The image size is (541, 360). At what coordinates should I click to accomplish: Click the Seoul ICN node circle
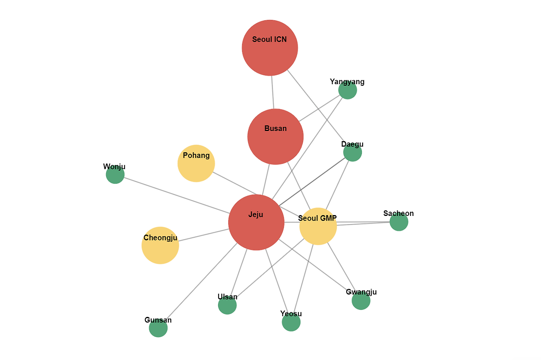tap(270, 48)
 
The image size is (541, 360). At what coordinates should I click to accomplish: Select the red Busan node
tap(275, 136)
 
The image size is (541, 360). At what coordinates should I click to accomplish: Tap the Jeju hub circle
tap(256, 222)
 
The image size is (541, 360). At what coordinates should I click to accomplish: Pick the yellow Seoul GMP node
tap(318, 226)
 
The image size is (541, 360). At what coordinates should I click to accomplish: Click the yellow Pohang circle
tap(196, 164)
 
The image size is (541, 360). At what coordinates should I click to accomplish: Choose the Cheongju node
tap(160, 245)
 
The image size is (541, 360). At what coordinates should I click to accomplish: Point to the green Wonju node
tap(115, 175)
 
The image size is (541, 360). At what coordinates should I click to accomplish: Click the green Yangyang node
tap(347, 90)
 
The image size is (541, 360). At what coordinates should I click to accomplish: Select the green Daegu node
tap(352, 152)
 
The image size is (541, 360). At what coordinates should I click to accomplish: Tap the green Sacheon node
tap(399, 222)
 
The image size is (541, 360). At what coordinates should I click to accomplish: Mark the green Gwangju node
tap(361, 300)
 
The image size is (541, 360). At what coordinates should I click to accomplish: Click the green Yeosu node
tap(291, 322)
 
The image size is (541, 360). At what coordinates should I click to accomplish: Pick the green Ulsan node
tap(227, 305)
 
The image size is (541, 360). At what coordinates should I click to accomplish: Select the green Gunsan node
tap(158, 328)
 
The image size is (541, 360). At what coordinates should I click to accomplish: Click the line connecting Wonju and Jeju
tap(177, 196)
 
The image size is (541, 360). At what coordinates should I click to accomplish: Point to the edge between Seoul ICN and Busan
tap(273, 92)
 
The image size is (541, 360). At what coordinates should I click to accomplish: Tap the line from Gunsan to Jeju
tap(202, 281)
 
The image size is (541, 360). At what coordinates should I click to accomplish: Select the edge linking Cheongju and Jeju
tap(204, 235)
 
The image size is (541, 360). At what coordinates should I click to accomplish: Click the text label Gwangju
tap(361, 292)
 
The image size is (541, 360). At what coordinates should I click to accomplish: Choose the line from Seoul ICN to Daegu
tap(316, 106)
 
